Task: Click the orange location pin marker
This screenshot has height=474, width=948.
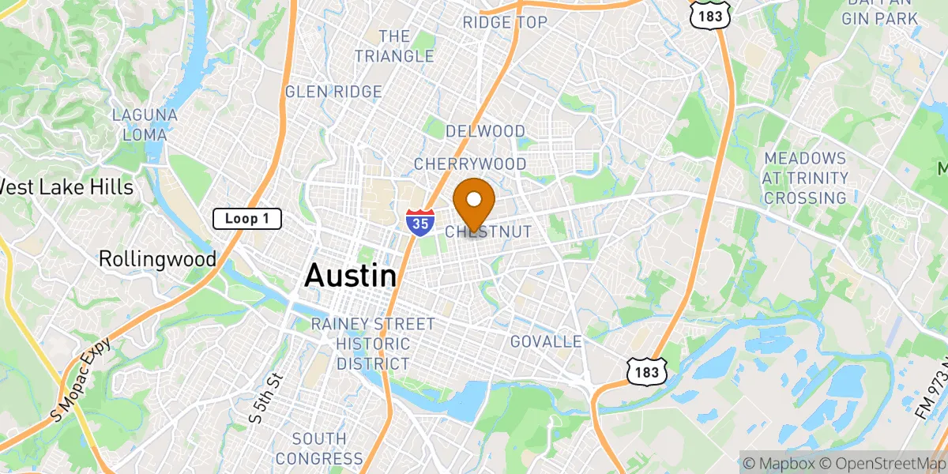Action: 474,202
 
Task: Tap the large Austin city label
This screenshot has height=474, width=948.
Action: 350,276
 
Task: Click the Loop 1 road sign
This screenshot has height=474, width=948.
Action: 246,218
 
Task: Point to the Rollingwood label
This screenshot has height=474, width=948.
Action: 157,258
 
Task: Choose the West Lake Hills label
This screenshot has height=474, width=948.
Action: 65,187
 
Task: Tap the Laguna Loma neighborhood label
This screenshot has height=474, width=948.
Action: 139,125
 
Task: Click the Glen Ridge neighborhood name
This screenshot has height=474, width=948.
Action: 333,92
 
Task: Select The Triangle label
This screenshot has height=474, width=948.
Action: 394,46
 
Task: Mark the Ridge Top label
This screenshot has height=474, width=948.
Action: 504,22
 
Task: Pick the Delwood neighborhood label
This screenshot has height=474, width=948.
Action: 485,130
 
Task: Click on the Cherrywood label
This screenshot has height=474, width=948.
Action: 470,164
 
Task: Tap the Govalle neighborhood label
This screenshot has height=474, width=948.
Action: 546,341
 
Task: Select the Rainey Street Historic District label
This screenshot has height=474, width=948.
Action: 373,344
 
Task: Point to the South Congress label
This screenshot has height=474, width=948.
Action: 319,448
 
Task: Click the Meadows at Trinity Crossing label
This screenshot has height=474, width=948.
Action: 806,178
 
